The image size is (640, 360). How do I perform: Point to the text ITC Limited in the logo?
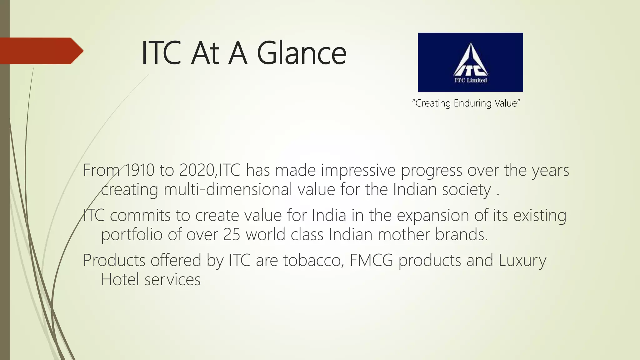471,80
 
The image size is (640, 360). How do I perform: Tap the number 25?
232,235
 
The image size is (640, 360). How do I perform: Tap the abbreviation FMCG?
371,261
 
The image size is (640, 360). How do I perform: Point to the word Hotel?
120,280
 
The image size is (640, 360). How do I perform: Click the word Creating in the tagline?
433,103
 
